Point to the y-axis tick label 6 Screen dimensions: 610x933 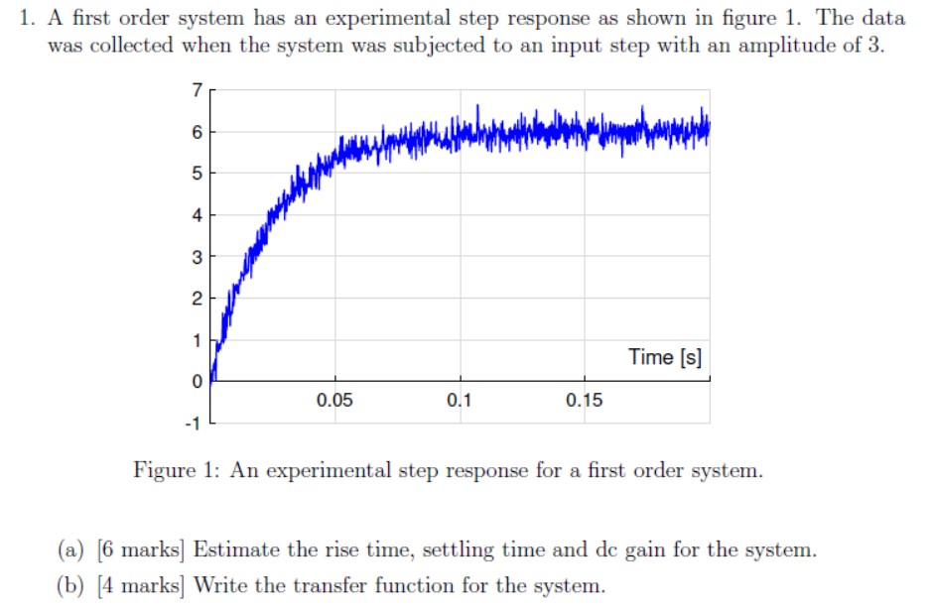click(x=197, y=132)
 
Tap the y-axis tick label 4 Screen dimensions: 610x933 click(x=197, y=215)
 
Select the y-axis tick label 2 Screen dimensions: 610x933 click(x=197, y=299)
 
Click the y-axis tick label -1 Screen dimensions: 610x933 click(x=194, y=425)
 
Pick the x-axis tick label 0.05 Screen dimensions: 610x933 click(x=334, y=401)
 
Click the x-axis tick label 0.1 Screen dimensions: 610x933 click(x=460, y=401)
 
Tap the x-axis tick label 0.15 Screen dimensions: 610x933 click(x=584, y=401)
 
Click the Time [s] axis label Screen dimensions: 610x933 click(x=665, y=357)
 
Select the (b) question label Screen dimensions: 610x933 click(x=70, y=585)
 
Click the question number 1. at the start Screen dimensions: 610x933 click(x=30, y=18)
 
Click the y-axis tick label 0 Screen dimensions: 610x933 click(x=197, y=382)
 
